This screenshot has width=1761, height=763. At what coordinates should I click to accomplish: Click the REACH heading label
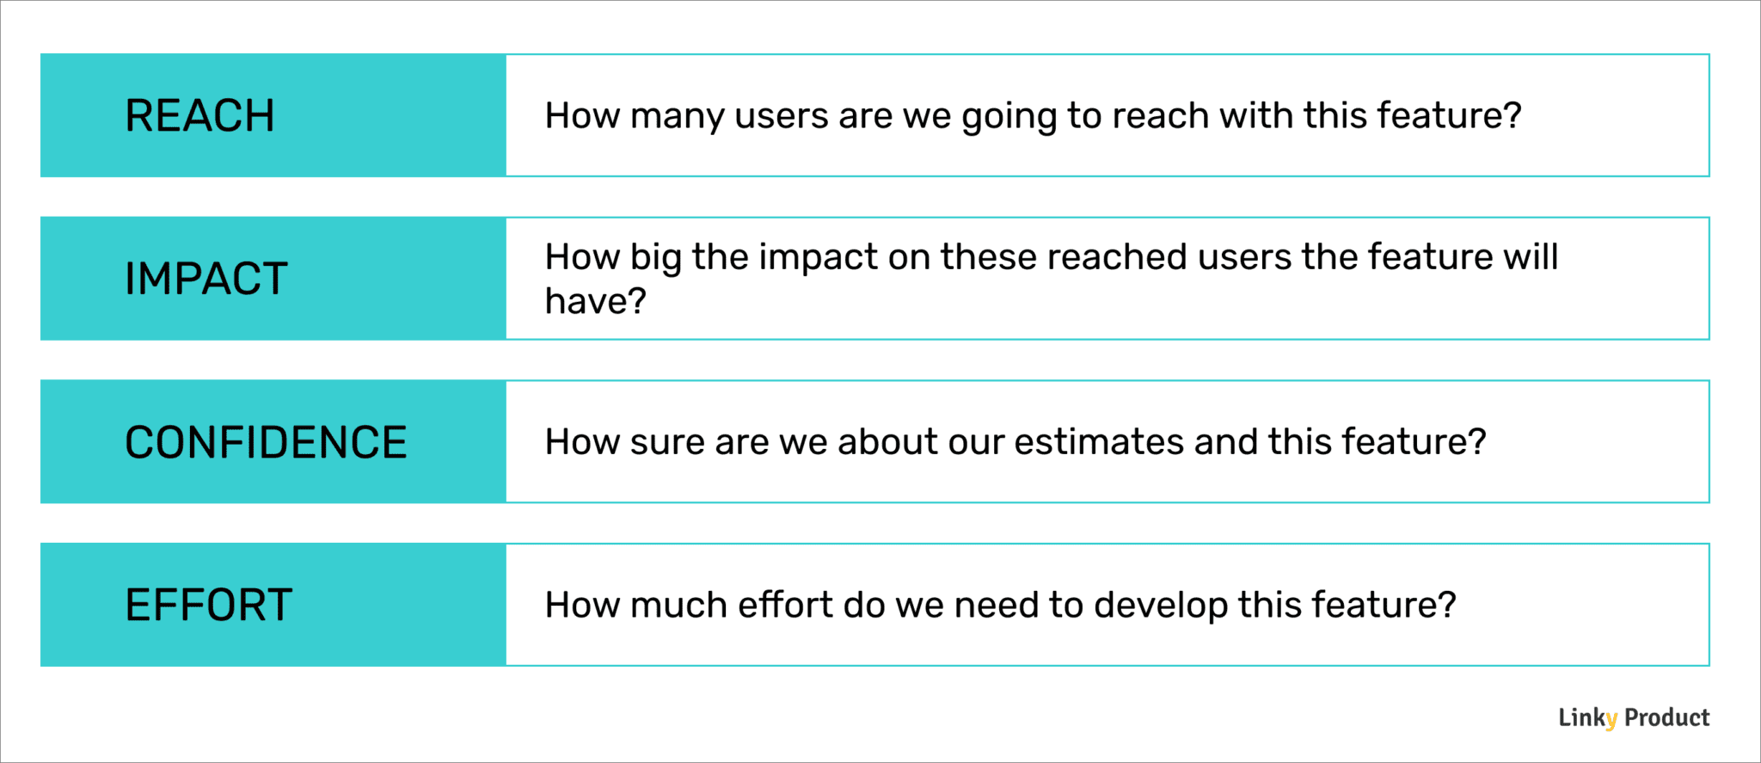(x=199, y=116)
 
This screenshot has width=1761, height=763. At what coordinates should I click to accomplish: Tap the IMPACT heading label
(x=206, y=279)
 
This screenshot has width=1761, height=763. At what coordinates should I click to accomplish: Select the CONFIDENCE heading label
(x=266, y=442)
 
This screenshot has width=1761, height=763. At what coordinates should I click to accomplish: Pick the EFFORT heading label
(x=209, y=605)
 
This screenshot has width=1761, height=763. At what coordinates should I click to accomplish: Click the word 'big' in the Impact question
(x=656, y=258)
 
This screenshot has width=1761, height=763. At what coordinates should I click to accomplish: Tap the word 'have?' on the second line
(x=595, y=302)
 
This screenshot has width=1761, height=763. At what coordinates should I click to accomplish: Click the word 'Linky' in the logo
(x=1587, y=717)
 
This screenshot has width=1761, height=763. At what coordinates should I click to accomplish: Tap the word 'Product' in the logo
(x=1666, y=717)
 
